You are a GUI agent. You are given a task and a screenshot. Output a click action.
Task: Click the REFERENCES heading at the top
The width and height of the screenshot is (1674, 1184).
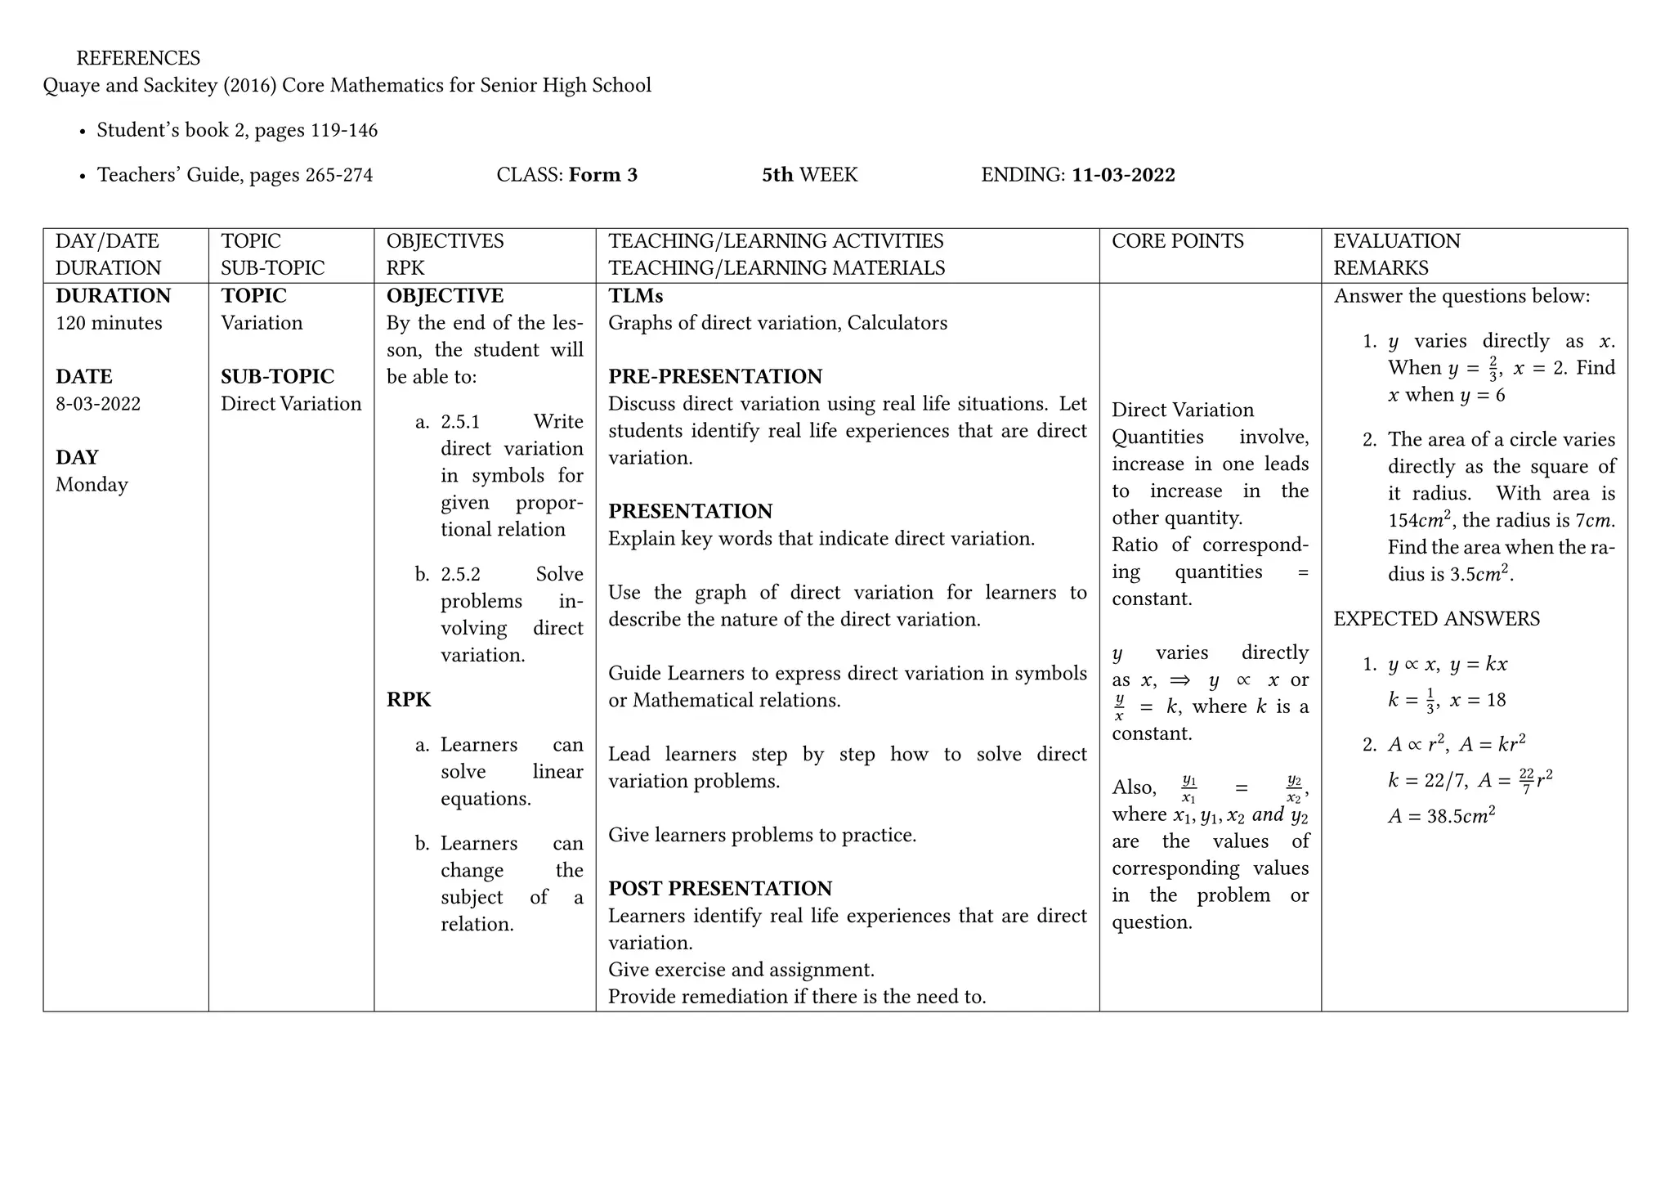click(138, 58)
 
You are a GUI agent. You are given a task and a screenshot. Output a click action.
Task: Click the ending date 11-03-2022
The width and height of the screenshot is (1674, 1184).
click(1123, 175)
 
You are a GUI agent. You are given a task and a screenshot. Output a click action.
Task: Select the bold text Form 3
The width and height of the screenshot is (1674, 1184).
click(603, 175)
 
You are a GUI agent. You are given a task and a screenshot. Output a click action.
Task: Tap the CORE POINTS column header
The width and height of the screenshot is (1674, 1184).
click(1178, 241)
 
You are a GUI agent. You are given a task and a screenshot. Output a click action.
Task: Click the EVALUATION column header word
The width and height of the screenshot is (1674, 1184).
click(1396, 241)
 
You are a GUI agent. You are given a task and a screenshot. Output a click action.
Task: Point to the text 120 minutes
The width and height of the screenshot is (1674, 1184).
click(109, 323)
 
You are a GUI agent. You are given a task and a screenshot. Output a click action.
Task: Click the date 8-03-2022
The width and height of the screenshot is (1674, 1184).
click(98, 404)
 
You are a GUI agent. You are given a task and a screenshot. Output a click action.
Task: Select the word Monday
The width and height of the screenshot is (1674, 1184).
click(92, 485)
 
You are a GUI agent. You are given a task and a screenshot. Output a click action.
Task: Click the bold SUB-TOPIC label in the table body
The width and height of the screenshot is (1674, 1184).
click(277, 377)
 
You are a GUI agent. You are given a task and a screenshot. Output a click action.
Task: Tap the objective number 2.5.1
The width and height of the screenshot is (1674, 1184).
click(460, 422)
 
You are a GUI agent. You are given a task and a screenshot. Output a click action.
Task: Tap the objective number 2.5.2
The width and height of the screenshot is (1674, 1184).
click(460, 575)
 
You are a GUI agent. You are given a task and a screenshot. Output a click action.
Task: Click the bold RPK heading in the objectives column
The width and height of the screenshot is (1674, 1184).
click(409, 700)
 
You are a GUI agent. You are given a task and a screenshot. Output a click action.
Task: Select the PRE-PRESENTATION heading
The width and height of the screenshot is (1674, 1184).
click(715, 377)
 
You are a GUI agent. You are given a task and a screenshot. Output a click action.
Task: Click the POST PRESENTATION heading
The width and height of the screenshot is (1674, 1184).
click(720, 889)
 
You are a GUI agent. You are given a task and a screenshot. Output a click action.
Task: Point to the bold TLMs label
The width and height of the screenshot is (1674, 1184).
click(635, 296)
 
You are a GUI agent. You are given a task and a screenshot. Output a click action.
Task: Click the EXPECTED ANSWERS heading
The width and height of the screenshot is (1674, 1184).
click(1436, 619)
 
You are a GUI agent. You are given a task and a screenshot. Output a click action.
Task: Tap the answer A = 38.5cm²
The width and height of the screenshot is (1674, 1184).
click(1441, 815)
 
